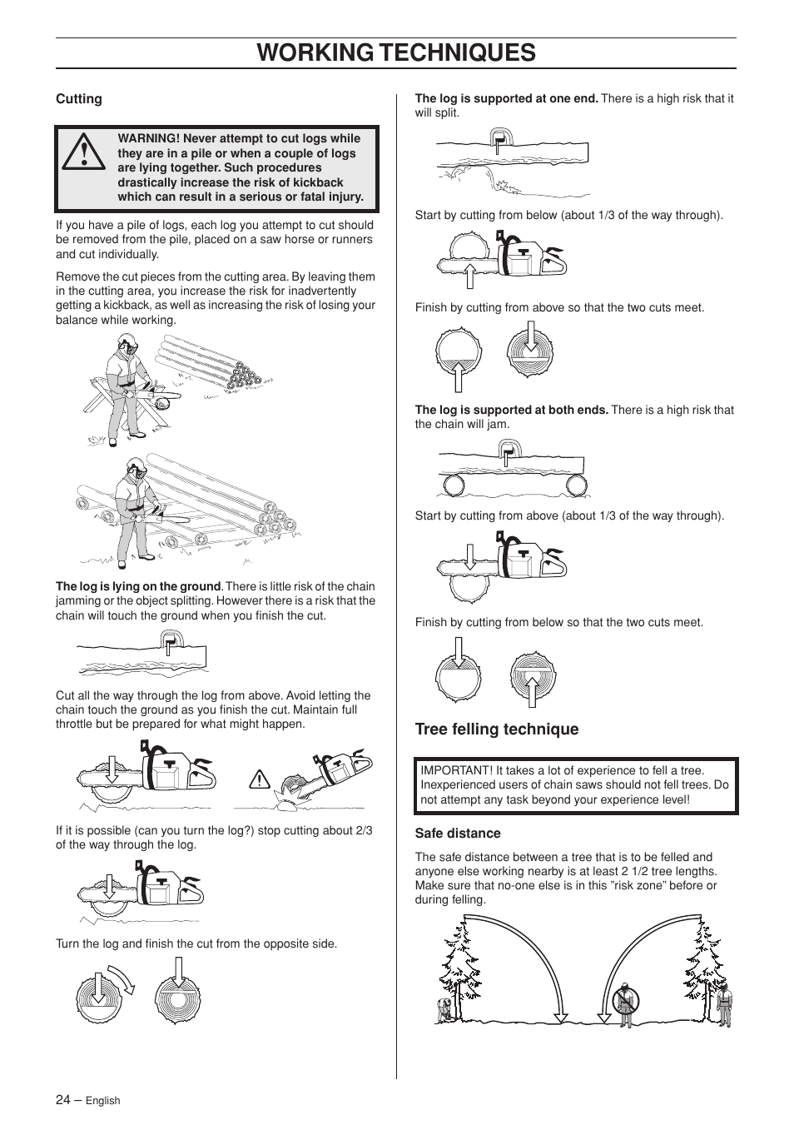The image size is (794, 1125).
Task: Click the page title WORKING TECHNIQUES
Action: (x=396, y=52)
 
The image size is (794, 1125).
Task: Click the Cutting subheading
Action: (x=79, y=99)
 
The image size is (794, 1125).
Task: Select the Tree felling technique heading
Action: (x=497, y=729)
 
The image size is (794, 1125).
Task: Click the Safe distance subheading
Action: (x=458, y=834)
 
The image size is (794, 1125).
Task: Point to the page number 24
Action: (x=63, y=1099)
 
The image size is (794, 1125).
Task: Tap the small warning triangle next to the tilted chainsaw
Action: (x=261, y=780)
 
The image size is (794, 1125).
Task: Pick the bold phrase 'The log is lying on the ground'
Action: (x=138, y=586)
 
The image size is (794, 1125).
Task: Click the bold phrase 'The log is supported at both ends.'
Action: (x=512, y=410)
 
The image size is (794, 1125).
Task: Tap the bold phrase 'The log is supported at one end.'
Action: (x=506, y=98)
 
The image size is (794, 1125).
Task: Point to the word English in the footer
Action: (x=103, y=1101)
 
